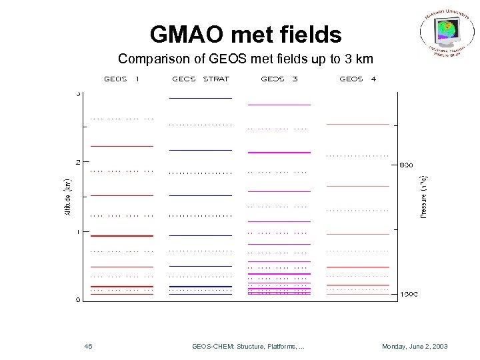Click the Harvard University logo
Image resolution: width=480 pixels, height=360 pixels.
coord(447,33)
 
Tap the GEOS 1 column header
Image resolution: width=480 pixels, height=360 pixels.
coord(121,79)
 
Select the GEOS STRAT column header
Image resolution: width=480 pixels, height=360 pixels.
coord(200,79)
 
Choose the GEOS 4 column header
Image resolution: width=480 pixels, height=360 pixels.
coord(357,79)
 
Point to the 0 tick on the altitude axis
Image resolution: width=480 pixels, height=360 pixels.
coord(78,300)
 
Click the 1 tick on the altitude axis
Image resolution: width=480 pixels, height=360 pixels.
coord(78,231)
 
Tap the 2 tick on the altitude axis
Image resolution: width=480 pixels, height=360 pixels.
coord(78,162)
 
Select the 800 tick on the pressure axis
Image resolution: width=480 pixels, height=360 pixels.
coord(407,164)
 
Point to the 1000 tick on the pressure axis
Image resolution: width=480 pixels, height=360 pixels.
coord(409,294)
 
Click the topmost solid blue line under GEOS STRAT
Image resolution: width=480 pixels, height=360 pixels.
coord(200,98)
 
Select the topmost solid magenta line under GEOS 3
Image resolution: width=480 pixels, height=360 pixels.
coord(279,105)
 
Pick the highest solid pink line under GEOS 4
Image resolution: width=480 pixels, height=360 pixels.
coord(357,124)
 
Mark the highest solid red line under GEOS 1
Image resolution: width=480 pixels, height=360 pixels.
coord(121,145)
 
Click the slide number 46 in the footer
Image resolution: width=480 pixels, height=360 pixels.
coord(89,347)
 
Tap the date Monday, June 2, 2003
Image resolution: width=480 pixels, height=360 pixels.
coord(414,347)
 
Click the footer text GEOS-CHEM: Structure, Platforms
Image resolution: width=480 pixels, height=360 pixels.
coord(248,347)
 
